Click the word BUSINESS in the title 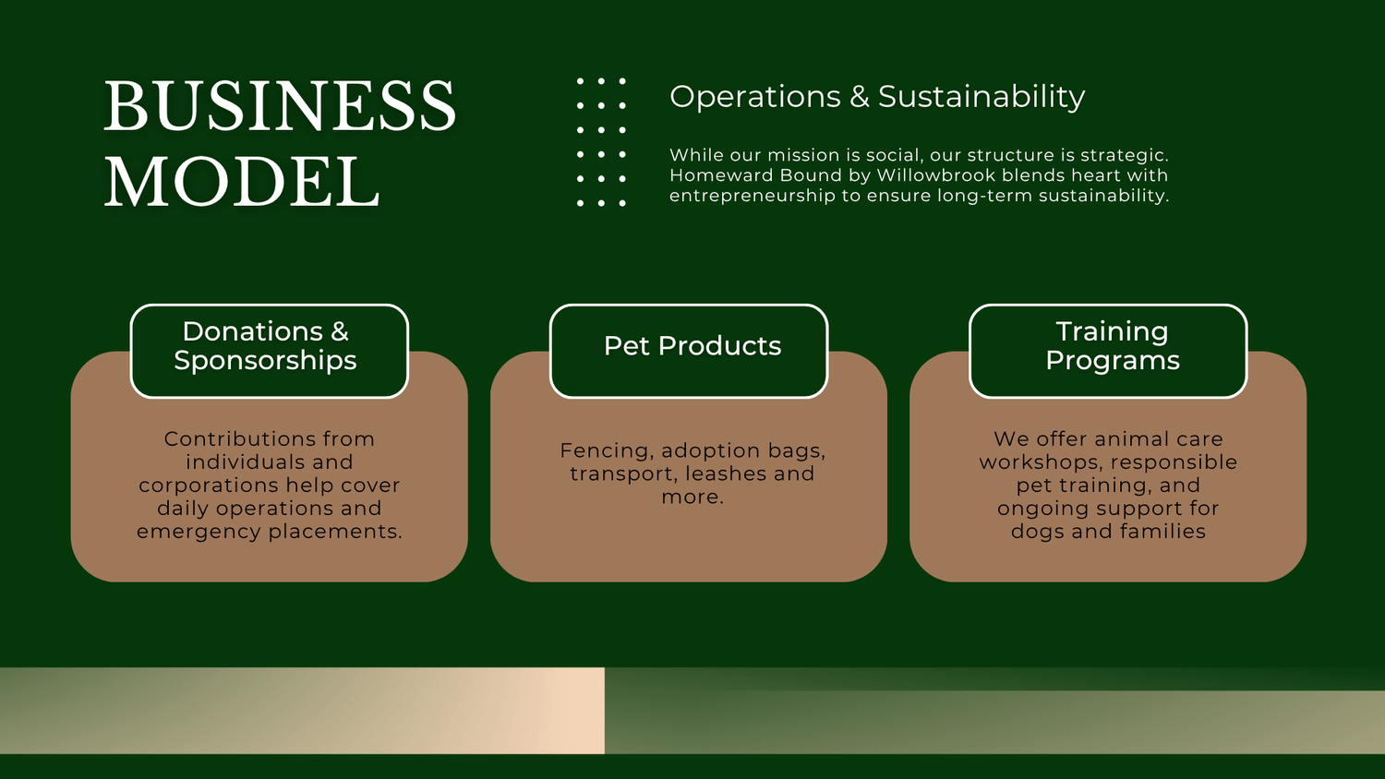click(280, 106)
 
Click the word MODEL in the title click(242, 182)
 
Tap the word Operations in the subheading click(755, 98)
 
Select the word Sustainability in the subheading click(982, 97)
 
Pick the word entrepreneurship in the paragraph click(753, 196)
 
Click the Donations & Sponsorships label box click(269, 351)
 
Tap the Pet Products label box click(689, 351)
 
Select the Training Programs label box click(1108, 351)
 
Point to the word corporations click(209, 485)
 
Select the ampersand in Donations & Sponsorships click(339, 332)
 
